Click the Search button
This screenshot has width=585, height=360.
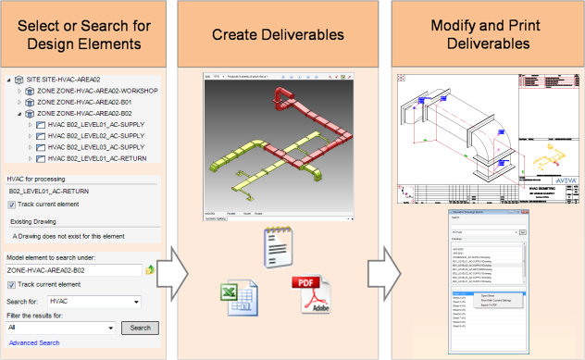pyautogui.click(x=140, y=328)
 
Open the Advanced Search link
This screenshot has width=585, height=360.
pyautogui.click(x=34, y=343)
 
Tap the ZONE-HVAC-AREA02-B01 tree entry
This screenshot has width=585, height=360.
pyautogui.click(x=84, y=102)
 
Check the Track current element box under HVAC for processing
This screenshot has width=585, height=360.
pyautogui.click(x=12, y=204)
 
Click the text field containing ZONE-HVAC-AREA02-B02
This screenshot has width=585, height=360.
pyautogui.click(x=72, y=269)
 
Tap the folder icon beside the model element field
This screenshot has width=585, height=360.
pyautogui.click(x=150, y=270)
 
